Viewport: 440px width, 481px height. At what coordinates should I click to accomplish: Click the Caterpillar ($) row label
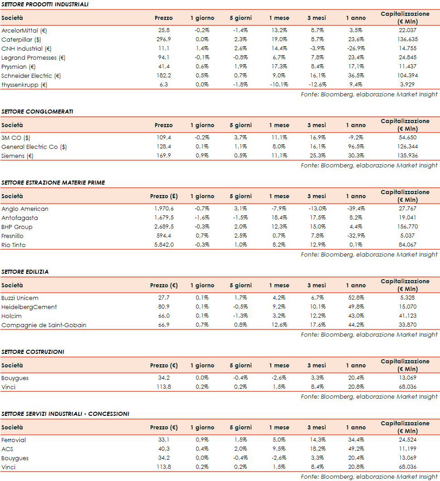[x=21, y=39]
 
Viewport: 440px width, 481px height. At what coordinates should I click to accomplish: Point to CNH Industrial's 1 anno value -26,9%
[x=355, y=48]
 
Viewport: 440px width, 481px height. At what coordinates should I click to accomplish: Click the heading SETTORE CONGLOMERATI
[x=37, y=111]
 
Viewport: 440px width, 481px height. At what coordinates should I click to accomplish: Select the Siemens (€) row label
[x=18, y=156]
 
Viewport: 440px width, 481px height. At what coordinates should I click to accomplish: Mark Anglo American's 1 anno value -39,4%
[x=355, y=209]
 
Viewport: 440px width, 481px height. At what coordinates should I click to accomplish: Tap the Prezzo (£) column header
[x=164, y=196]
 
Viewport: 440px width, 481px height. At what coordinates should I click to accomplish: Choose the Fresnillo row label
[x=13, y=236]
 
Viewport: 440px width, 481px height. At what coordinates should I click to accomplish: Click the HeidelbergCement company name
[x=29, y=307]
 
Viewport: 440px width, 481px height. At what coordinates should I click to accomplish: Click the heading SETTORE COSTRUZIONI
[x=33, y=352]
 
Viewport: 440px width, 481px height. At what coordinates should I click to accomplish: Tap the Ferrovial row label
[x=14, y=440]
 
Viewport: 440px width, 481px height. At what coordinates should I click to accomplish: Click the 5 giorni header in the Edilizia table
[x=241, y=286]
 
